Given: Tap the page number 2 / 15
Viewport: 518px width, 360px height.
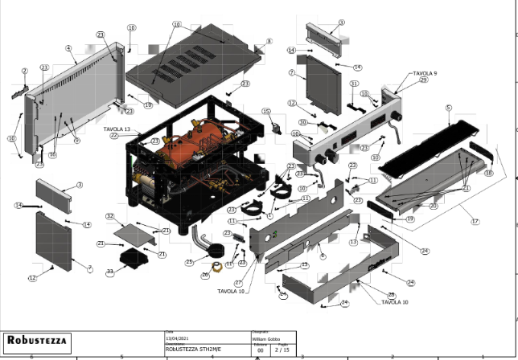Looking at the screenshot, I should [x=282, y=350].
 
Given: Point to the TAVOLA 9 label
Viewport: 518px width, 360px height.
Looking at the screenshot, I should [x=424, y=73].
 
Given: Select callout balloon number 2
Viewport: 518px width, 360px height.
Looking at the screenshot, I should [x=25, y=72].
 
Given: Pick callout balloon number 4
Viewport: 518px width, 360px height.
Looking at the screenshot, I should [x=69, y=48].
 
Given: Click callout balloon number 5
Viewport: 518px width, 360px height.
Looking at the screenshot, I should [x=448, y=107].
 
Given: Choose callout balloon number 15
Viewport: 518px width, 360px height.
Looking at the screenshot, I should [x=267, y=112].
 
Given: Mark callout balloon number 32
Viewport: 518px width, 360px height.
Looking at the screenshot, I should [x=110, y=217].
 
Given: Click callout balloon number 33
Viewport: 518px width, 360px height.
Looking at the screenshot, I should [x=110, y=272].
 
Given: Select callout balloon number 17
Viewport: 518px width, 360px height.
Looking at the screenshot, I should [x=475, y=222].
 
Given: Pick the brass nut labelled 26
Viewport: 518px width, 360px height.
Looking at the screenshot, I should [x=216, y=268].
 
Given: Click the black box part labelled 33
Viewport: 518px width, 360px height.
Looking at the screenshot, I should [x=131, y=258].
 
